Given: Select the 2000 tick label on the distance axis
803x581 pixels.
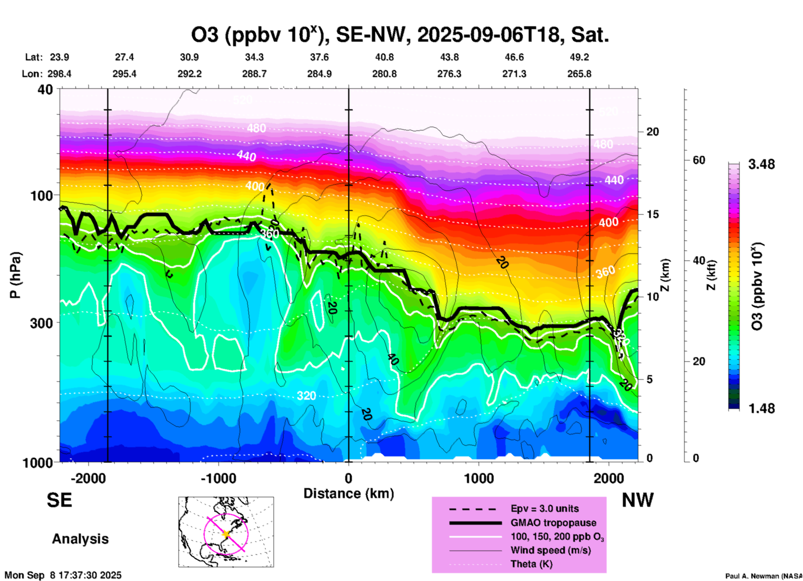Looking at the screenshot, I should point(609,479).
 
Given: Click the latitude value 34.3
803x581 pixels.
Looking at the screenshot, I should point(254,58).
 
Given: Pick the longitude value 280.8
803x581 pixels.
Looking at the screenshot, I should point(384,74).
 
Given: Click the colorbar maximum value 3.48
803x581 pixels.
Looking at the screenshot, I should point(761,165).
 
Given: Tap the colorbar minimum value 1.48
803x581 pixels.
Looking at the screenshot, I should point(761,408).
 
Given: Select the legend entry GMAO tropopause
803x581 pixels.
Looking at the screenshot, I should point(553,523).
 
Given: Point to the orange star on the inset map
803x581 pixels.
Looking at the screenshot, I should point(226,534).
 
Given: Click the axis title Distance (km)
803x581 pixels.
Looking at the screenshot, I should point(349,493).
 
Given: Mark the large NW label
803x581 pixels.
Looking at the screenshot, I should point(637,500).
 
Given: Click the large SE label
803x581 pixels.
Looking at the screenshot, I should point(59,500).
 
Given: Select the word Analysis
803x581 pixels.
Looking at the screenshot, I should point(80,539).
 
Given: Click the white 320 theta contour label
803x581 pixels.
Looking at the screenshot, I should point(306,396).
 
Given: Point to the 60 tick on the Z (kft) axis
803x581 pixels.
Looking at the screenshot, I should point(699,160).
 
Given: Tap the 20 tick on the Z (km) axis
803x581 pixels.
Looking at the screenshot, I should point(652,132).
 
